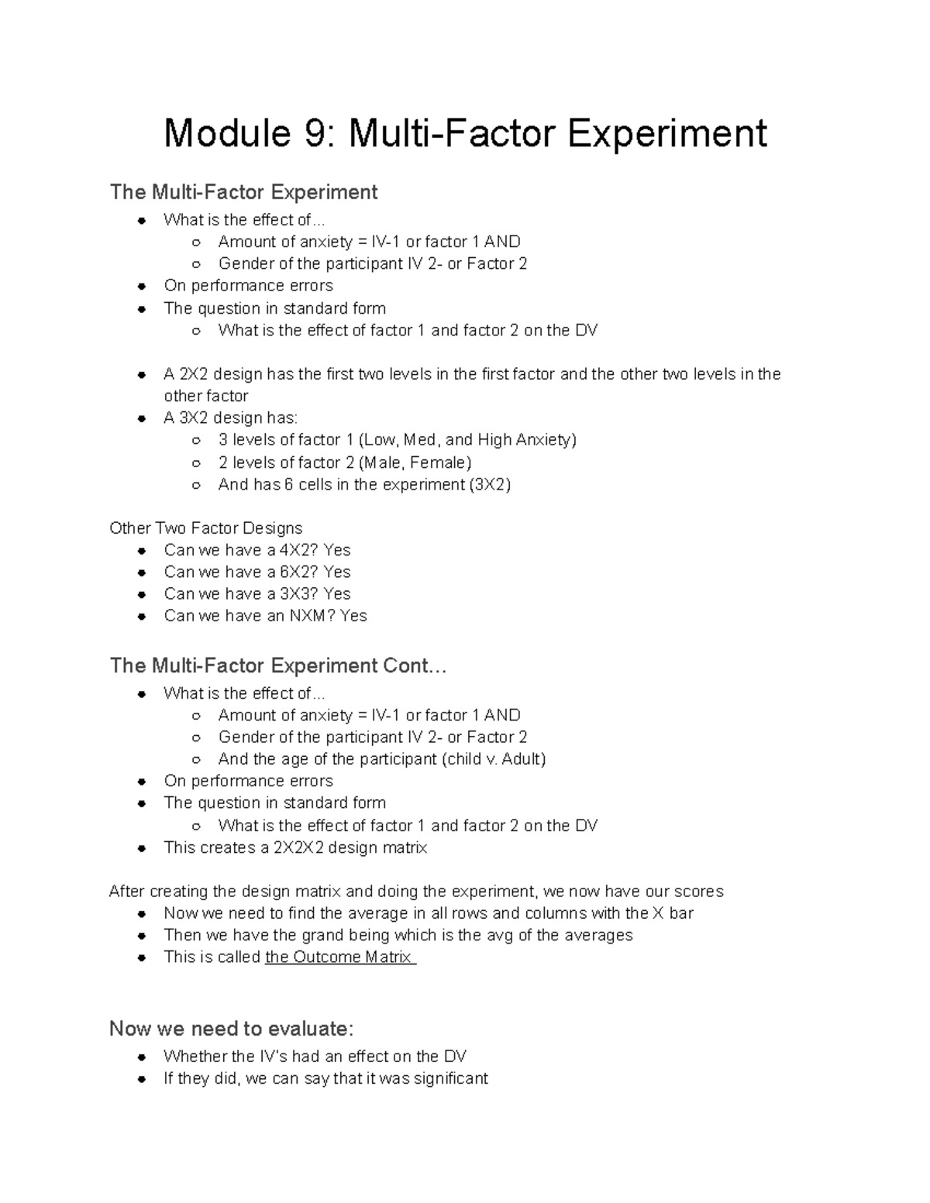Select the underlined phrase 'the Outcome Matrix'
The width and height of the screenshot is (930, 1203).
pyautogui.click(x=340, y=957)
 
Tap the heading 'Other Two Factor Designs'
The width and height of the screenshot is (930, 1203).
pyautogui.click(x=206, y=528)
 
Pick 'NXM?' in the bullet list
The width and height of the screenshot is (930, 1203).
pyautogui.click(x=312, y=616)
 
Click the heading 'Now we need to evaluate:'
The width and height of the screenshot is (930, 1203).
pyautogui.click(x=232, y=1029)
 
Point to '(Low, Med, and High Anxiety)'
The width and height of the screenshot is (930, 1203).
pyautogui.click(x=467, y=440)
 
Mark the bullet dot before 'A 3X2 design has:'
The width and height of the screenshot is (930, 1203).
pyautogui.click(x=142, y=418)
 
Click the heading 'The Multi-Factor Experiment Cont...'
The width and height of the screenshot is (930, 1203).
pyautogui.click(x=278, y=666)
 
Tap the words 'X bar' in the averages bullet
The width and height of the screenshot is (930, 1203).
pyautogui.click(x=673, y=913)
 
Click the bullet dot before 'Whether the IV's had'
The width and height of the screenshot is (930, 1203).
pyautogui.click(x=142, y=1057)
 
